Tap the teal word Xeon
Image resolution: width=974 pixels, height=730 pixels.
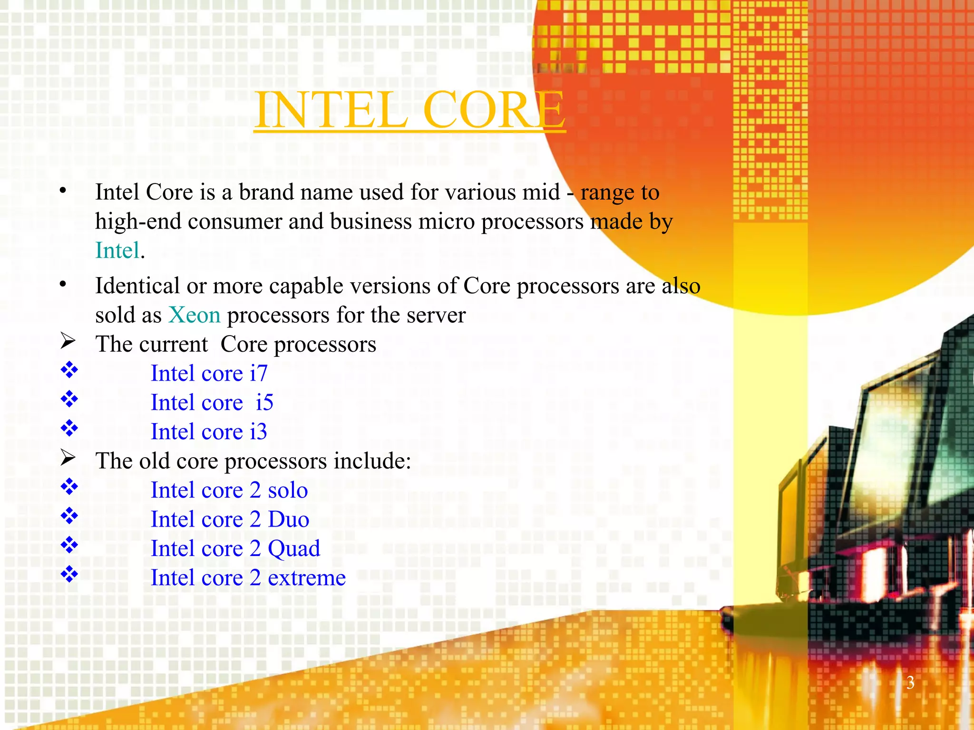click(x=195, y=315)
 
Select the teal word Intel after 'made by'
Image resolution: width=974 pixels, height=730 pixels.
click(x=117, y=250)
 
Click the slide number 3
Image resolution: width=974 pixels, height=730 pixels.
click(x=910, y=682)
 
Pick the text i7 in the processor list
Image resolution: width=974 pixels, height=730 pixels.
click(x=259, y=373)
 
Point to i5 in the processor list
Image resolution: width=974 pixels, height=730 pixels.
click(x=264, y=403)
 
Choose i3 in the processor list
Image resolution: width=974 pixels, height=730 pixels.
click(x=258, y=432)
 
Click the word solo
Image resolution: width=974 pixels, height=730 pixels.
click(x=288, y=490)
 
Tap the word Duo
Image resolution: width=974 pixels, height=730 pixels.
click(x=289, y=519)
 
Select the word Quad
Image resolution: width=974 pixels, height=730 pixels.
click(x=294, y=549)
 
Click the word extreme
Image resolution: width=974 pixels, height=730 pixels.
click(x=307, y=578)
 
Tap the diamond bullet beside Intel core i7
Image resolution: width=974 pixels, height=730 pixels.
click(x=69, y=370)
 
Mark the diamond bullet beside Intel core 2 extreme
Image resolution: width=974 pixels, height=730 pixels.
click(x=69, y=574)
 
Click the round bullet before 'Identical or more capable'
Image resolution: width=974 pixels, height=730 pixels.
click(x=63, y=284)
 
